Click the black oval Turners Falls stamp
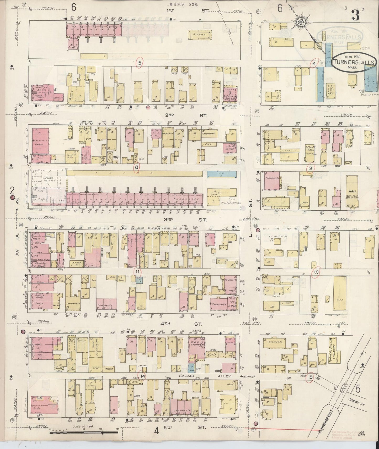tap(354, 62)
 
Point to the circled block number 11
tap(137, 272)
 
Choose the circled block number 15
tap(310, 377)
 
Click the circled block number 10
tap(316, 272)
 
